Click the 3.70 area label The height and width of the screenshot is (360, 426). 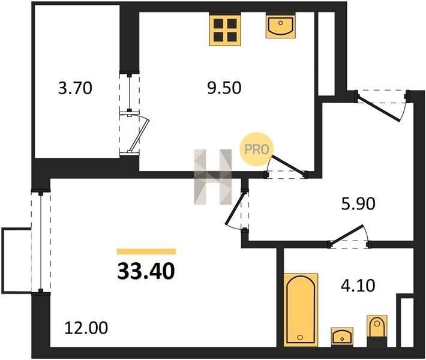[75, 88]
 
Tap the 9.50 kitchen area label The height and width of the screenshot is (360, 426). [224, 88]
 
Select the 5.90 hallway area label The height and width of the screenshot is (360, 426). [358, 204]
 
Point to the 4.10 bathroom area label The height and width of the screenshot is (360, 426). [358, 285]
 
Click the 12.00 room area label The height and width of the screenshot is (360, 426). [86, 328]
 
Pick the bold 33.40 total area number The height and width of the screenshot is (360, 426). [146, 272]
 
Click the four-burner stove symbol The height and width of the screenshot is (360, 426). [225, 30]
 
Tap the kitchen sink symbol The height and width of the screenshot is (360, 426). [281, 26]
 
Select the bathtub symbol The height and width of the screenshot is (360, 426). [301, 310]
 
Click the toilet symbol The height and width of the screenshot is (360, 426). [377, 331]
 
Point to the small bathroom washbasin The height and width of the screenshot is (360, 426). [342, 337]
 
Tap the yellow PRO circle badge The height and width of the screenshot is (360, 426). [256, 149]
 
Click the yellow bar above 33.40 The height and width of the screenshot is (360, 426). [146, 251]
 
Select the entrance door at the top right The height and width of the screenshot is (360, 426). [380, 106]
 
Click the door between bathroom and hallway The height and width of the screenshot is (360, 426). [349, 236]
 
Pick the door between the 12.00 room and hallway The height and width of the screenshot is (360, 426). [236, 209]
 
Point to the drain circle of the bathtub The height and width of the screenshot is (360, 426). [300, 337]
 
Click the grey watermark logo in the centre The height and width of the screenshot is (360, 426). [213, 176]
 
